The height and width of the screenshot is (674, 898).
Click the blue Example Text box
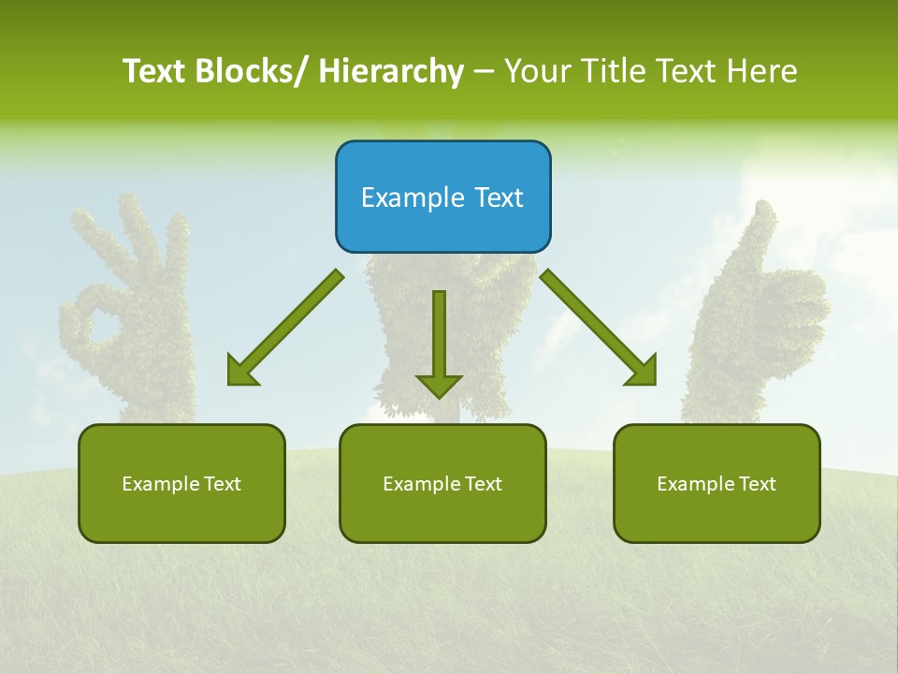442,197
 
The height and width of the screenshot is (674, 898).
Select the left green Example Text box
181,483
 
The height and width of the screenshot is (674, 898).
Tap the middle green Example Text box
442,483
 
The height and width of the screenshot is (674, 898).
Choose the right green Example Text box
717,483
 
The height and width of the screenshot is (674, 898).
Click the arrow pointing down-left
285,328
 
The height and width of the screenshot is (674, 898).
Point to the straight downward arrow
439,343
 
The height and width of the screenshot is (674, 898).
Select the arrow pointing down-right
599,328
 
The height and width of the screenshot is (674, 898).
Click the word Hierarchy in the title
391,71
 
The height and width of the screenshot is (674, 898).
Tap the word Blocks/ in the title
256,71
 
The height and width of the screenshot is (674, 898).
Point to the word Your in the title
539,71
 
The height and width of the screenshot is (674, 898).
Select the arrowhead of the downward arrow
439,385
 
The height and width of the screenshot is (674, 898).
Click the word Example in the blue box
403,198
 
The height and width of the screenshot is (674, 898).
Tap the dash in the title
484,71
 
